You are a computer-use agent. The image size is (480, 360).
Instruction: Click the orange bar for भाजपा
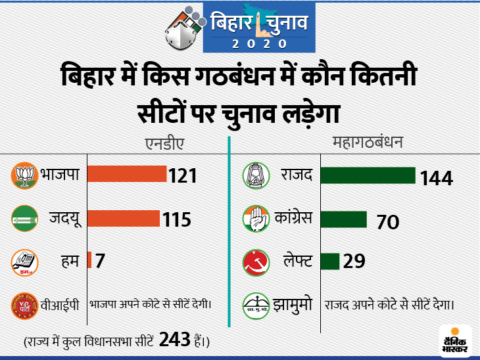[x=127, y=174]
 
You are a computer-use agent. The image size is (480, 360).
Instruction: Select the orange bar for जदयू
[x=124, y=217]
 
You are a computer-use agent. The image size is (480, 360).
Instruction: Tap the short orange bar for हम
[x=90, y=261]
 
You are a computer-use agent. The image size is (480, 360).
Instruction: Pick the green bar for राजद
[x=368, y=175]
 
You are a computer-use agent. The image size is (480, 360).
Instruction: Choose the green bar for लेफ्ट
[x=330, y=261]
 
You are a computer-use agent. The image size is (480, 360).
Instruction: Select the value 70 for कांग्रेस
[x=388, y=222]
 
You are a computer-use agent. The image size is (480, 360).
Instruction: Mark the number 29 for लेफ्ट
[x=354, y=261]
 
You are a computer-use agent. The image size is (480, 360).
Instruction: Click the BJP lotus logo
[x=24, y=175]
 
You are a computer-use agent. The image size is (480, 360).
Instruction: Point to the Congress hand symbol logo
[x=256, y=218]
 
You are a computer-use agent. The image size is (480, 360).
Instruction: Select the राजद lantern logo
[x=256, y=175]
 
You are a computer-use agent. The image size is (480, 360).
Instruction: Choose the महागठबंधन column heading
[x=368, y=142]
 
